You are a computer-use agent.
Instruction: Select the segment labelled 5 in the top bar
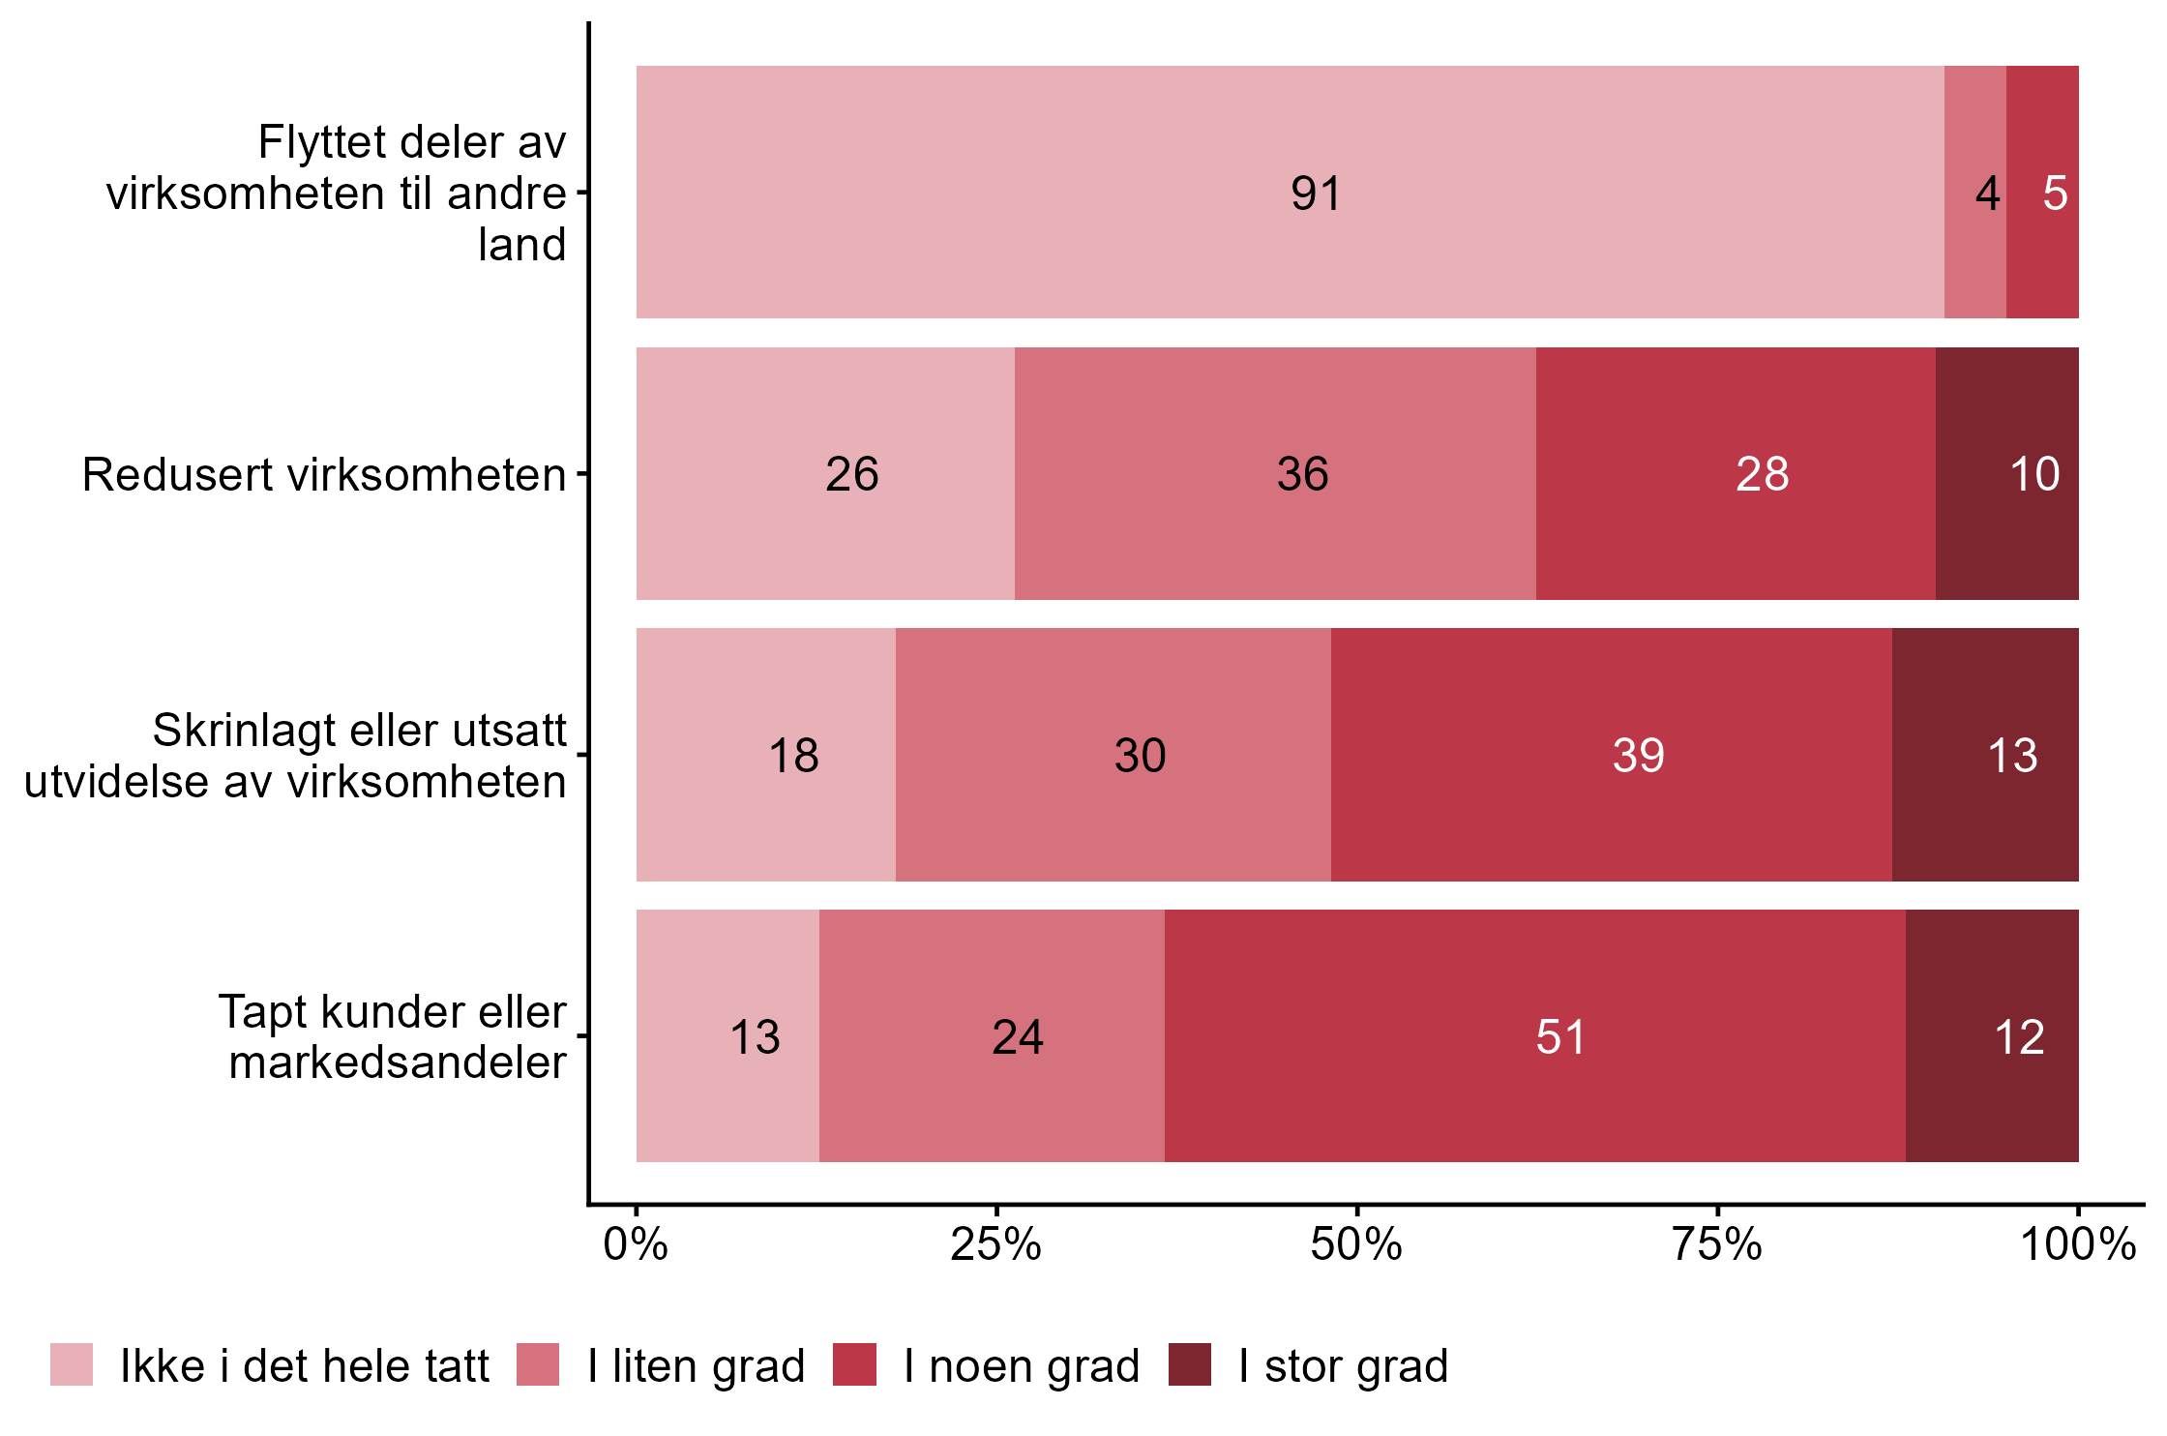[x=2042, y=193]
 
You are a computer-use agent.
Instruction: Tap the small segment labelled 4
[x=1974, y=193]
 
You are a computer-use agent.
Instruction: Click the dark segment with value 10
[x=2007, y=474]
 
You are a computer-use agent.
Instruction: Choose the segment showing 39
[x=1611, y=755]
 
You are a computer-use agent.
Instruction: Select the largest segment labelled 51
[x=1534, y=1036]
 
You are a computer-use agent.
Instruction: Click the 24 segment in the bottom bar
[x=992, y=1036]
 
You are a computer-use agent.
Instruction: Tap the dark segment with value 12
[x=1992, y=1036]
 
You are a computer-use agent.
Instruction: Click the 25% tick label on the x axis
[x=995, y=1245]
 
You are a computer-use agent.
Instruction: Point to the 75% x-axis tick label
[x=1717, y=1245]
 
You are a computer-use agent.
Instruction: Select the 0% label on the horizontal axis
[x=636, y=1245]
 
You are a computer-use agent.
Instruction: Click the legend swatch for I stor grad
[x=1189, y=1364]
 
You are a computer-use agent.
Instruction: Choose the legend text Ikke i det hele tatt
[x=305, y=1366]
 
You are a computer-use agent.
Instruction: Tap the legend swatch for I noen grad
[x=854, y=1364]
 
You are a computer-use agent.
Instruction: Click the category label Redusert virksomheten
[x=324, y=475]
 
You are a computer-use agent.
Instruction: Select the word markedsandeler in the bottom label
[x=398, y=1062]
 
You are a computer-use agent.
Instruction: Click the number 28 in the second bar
[x=1762, y=474]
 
